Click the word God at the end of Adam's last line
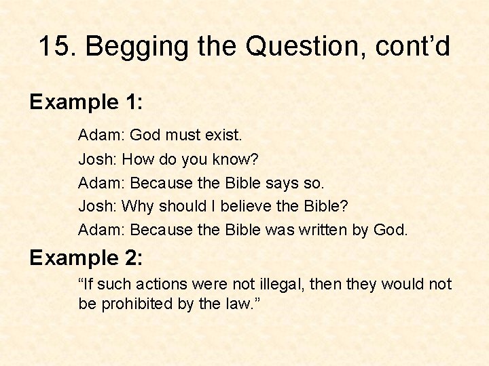(x=391, y=230)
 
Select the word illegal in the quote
(x=283, y=284)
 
